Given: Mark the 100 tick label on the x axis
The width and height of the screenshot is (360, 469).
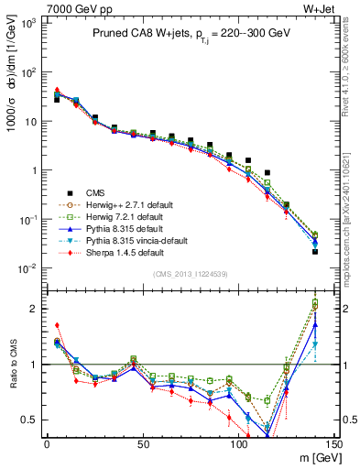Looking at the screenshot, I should pyautogui.click(x=238, y=444).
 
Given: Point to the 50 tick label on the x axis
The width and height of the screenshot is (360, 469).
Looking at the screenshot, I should pyautogui.click(x=142, y=444).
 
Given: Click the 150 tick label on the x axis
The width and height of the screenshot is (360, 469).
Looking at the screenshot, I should pyautogui.click(x=334, y=444).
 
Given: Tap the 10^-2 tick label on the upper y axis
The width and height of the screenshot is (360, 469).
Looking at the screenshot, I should pyautogui.click(x=29, y=268).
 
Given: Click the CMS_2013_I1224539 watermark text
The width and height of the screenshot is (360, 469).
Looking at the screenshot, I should pyautogui.click(x=190, y=273).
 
